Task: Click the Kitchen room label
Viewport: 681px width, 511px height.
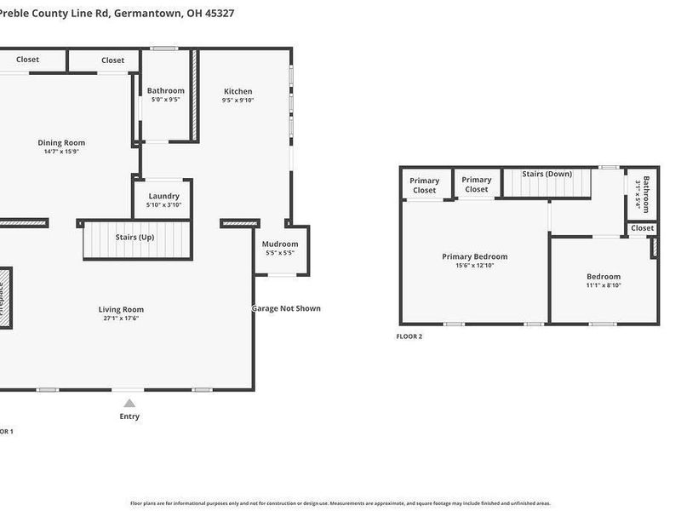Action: (237, 91)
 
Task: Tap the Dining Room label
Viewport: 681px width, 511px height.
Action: (61, 142)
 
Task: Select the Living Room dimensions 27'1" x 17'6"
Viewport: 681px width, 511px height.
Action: (120, 319)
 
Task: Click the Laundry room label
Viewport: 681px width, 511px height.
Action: (163, 196)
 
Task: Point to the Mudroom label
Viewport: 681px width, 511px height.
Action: (280, 244)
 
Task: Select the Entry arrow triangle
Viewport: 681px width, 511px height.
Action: (129, 404)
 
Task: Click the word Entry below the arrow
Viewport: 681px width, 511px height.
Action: (129, 416)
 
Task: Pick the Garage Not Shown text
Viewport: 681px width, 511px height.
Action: (286, 308)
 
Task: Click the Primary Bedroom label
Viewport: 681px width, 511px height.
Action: (474, 256)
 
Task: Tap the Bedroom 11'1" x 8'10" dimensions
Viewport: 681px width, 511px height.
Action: (604, 285)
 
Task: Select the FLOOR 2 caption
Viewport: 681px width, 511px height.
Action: (409, 336)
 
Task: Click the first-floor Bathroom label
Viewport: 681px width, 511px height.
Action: (165, 90)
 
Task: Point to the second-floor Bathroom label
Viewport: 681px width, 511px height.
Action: (646, 194)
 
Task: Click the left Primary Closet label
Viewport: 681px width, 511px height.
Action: (424, 185)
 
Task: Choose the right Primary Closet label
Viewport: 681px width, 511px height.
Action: (477, 184)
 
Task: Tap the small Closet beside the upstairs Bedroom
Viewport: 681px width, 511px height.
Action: (643, 228)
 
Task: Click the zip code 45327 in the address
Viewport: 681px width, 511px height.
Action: (216, 14)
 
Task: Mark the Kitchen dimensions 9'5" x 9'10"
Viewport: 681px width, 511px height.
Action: (237, 100)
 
